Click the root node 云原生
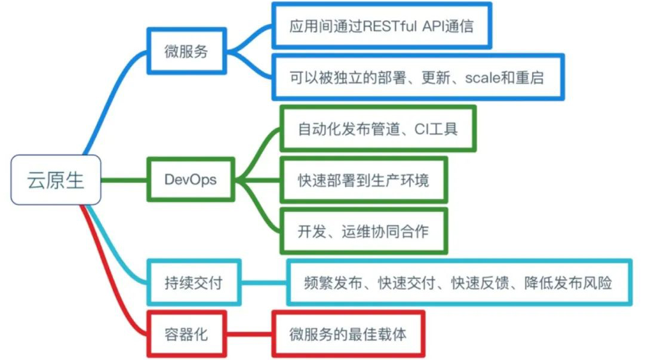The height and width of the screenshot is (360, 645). click(x=56, y=180)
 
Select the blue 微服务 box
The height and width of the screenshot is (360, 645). click(x=186, y=51)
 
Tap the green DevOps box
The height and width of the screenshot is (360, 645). click(x=191, y=179)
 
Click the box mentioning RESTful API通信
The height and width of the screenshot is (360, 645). click(x=382, y=26)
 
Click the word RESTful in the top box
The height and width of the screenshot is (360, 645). click(x=395, y=26)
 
